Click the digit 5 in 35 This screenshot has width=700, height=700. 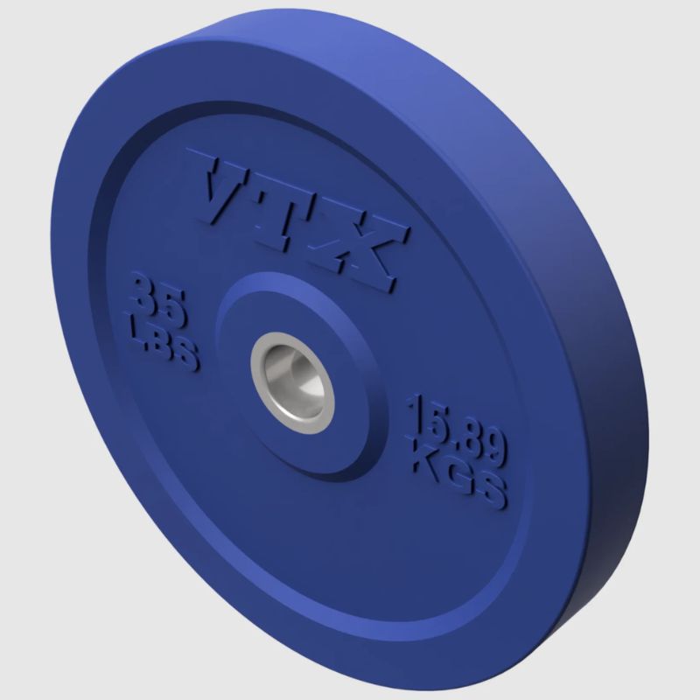click(x=173, y=308)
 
